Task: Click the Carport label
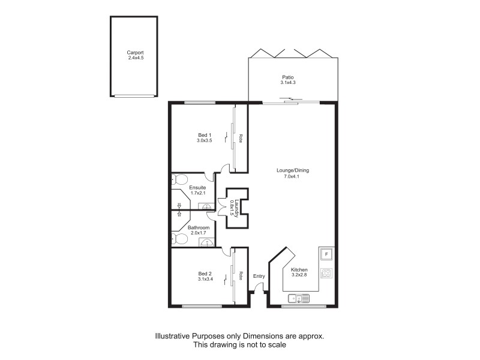point(135,52)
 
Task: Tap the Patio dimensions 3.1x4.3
point(289,83)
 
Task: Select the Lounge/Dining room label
point(292,170)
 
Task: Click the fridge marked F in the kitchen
point(326,254)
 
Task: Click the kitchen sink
point(298,298)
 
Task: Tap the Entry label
point(259,276)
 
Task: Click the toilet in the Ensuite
point(179,179)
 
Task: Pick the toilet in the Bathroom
point(179,239)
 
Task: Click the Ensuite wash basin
point(206,206)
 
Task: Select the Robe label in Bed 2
point(239,276)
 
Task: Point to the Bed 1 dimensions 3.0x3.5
point(205,140)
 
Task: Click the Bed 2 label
point(205,272)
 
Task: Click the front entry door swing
point(258,290)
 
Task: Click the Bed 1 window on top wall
point(200,103)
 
